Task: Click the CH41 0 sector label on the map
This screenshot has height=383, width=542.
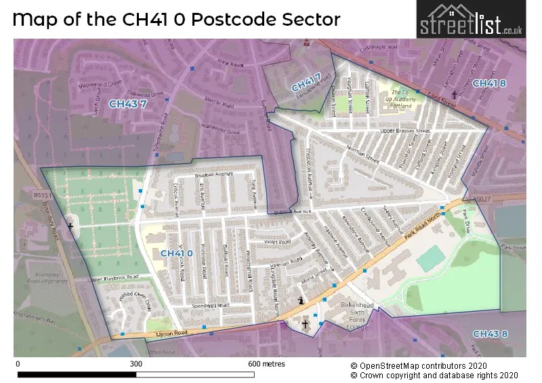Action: [172, 253]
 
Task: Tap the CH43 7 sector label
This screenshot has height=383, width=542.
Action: [127, 104]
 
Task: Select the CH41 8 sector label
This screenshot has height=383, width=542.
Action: [488, 83]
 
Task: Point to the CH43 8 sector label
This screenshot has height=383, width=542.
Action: [490, 334]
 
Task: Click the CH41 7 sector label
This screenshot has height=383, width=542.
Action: [306, 83]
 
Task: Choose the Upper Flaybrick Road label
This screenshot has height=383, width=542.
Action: [113, 277]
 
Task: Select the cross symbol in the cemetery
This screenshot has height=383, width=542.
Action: [70, 226]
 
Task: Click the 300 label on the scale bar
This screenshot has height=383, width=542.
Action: [135, 364]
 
